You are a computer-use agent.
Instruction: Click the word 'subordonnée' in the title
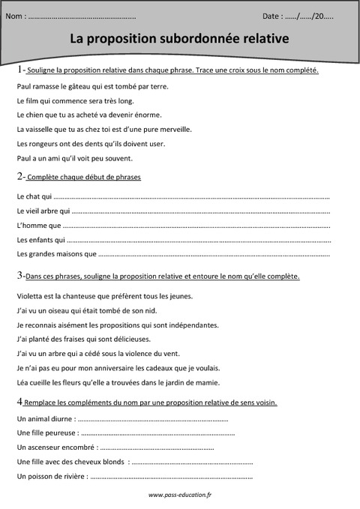tap(196, 37)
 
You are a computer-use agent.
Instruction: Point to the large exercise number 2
tap(19, 176)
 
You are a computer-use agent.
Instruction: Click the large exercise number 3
tap(19, 276)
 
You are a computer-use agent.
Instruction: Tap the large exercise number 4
tap(19, 402)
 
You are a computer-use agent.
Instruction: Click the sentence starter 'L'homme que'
tap(37, 225)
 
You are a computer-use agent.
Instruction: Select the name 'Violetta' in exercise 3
tap(29, 296)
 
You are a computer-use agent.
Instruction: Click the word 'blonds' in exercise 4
tap(114, 461)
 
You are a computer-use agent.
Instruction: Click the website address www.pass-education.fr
tap(180, 495)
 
